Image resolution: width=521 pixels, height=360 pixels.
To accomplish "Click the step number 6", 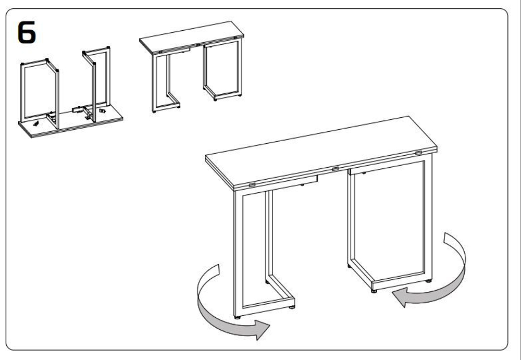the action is [27, 32].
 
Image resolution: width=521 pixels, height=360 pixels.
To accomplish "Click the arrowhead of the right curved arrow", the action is [400, 297].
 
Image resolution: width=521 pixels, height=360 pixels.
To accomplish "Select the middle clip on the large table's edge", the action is [335, 169].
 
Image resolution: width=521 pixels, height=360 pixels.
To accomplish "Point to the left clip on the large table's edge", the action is [252, 185].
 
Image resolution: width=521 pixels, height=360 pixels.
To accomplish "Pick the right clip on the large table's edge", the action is [418, 153].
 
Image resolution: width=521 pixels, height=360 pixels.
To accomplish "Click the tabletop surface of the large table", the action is [321, 151].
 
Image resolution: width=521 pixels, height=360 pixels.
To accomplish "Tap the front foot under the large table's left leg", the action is [237, 317].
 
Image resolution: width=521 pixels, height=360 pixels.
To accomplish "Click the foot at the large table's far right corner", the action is [429, 281].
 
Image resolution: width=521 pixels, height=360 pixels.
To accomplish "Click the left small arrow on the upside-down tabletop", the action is [35, 123].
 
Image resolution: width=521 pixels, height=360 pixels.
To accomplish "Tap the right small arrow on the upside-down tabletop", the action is [102, 111].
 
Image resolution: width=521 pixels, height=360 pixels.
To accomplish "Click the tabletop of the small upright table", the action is [191, 36].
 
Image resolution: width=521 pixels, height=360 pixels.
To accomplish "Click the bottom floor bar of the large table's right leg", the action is [401, 283].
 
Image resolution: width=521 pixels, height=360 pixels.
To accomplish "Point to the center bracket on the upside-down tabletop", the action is [79, 110].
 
